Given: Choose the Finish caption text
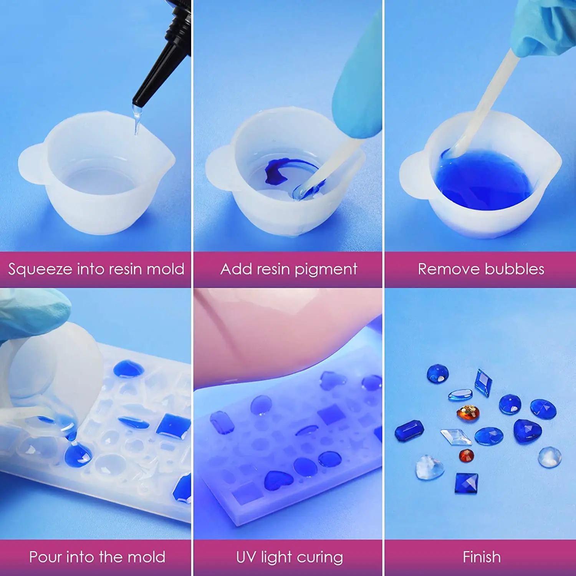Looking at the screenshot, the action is click(482, 557).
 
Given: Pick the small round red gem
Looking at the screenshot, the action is click(467, 456).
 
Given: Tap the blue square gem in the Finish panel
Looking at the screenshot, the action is click(467, 483).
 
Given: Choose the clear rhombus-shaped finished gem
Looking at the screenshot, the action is click(456, 437).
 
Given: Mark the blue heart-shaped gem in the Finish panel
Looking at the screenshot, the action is click(527, 431).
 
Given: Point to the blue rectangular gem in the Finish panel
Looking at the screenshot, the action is click(409, 431).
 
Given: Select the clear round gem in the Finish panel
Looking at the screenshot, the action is click(550, 457).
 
